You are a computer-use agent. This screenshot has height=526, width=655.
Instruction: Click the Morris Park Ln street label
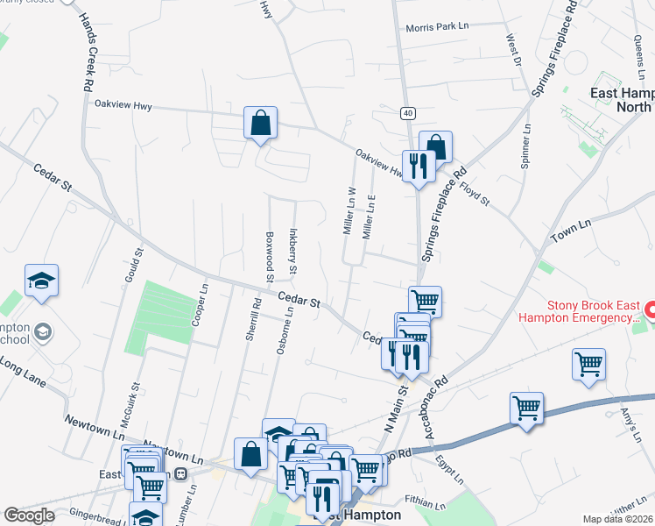click(x=437, y=27)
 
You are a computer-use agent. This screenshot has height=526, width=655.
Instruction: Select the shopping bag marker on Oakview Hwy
click(x=260, y=124)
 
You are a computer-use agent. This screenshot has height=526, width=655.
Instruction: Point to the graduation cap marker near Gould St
click(x=41, y=281)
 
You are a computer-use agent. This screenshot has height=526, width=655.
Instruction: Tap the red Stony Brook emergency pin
click(x=649, y=310)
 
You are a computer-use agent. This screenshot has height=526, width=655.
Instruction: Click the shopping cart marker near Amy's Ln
click(x=588, y=364)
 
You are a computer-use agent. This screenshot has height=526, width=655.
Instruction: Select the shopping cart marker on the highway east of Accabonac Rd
click(x=526, y=409)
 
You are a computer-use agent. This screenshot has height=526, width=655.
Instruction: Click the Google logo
click(x=29, y=515)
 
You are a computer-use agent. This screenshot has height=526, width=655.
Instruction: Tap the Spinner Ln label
click(x=526, y=146)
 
